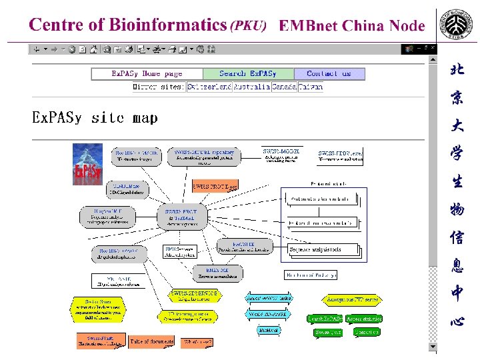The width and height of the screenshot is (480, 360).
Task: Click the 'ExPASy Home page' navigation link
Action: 147,74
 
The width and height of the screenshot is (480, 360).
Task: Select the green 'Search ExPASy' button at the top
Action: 248,74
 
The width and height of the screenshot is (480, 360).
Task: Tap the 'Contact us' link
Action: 329,74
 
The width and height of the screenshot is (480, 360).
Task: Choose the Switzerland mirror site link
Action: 209,87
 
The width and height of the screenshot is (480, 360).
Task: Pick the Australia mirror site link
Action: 251,87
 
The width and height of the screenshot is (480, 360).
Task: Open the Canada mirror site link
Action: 284,87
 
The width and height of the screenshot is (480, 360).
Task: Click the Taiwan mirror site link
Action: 310,87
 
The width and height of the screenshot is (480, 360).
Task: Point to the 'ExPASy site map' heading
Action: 95,118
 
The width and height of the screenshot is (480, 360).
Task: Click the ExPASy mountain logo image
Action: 87,164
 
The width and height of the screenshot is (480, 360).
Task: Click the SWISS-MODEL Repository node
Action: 200,156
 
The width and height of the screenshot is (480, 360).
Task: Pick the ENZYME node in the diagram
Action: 217,273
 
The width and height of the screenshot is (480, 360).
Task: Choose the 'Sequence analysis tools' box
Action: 324,250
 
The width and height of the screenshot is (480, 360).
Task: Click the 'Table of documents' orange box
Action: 152,341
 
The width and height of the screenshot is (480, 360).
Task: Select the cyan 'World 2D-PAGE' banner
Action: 267,313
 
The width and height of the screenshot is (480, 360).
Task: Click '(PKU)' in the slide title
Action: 248,26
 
